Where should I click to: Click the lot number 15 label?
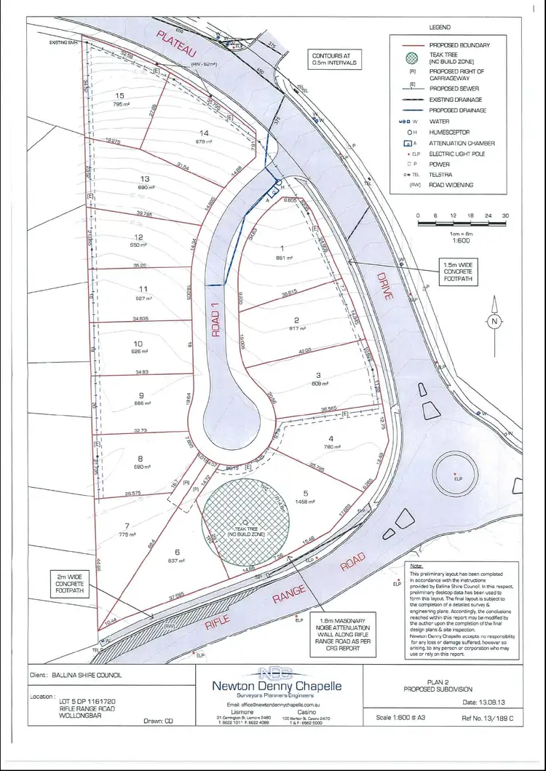click(120, 95)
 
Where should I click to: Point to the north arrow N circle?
click(494, 320)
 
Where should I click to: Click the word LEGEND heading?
click(439, 27)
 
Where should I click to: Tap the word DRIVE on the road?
click(384, 287)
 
